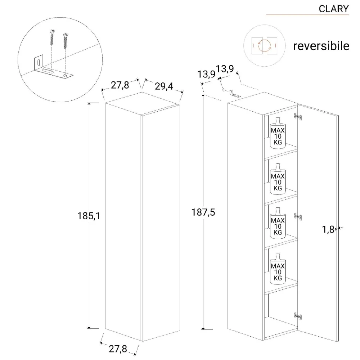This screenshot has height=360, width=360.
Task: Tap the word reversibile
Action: tap(321, 46)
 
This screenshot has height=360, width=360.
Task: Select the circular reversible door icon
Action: tap(265, 46)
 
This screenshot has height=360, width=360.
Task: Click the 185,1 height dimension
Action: tap(88, 216)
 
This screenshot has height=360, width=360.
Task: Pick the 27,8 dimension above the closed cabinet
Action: tap(120, 85)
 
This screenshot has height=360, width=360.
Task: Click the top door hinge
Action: tap(297, 116)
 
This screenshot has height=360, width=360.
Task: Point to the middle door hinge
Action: tap(297, 216)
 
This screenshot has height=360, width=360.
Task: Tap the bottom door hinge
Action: tap(297, 316)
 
